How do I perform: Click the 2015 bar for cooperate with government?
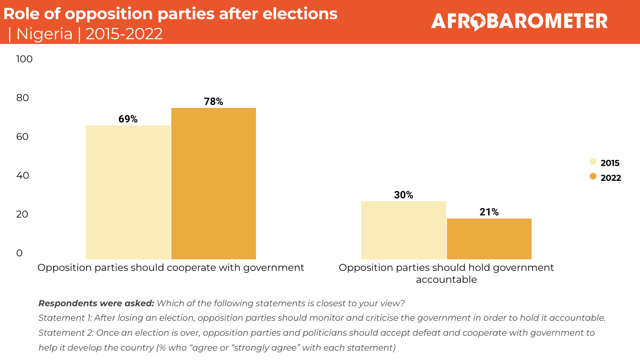pyautogui.click(x=128, y=192)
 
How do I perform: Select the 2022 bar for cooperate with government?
pyautogui.click(x=213, y=183)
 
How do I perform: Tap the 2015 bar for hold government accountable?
pyautogui.click(x=404, y=230)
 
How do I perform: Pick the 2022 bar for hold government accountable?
pyautogui.click(x=489, y=239)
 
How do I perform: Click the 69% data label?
pyautogui.click(x=128, y=119)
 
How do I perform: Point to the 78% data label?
pyautogui.click(x=213, y=102)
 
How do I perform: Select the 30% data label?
pyautogui.click(x=404, y=195)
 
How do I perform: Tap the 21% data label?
pyautogui.click(x=489, y=212)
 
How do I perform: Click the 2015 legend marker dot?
pyautogui.click(x=593, y=161)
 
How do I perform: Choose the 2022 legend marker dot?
pyautogui.click(x=593, y=176)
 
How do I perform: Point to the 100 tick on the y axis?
pyautogui.click(x=24, y=59)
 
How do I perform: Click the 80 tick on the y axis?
pyautogui.click(x=23, y=98)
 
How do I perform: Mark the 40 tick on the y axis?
pyautogui.click(x=23, y=175)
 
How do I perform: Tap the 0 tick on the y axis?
pyautogui.click(x=19, y=253)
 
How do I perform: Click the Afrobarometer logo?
pyautogui.click(x=519, y=21)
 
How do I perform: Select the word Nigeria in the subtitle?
pyautogui.click(x=44, y=34)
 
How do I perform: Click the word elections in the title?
pyautogui.click(x=300, y=14)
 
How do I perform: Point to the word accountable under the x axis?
pyautogui.click(x=446, y=279)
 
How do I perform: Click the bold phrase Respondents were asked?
pyautogui.click(x=96, y=303)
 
